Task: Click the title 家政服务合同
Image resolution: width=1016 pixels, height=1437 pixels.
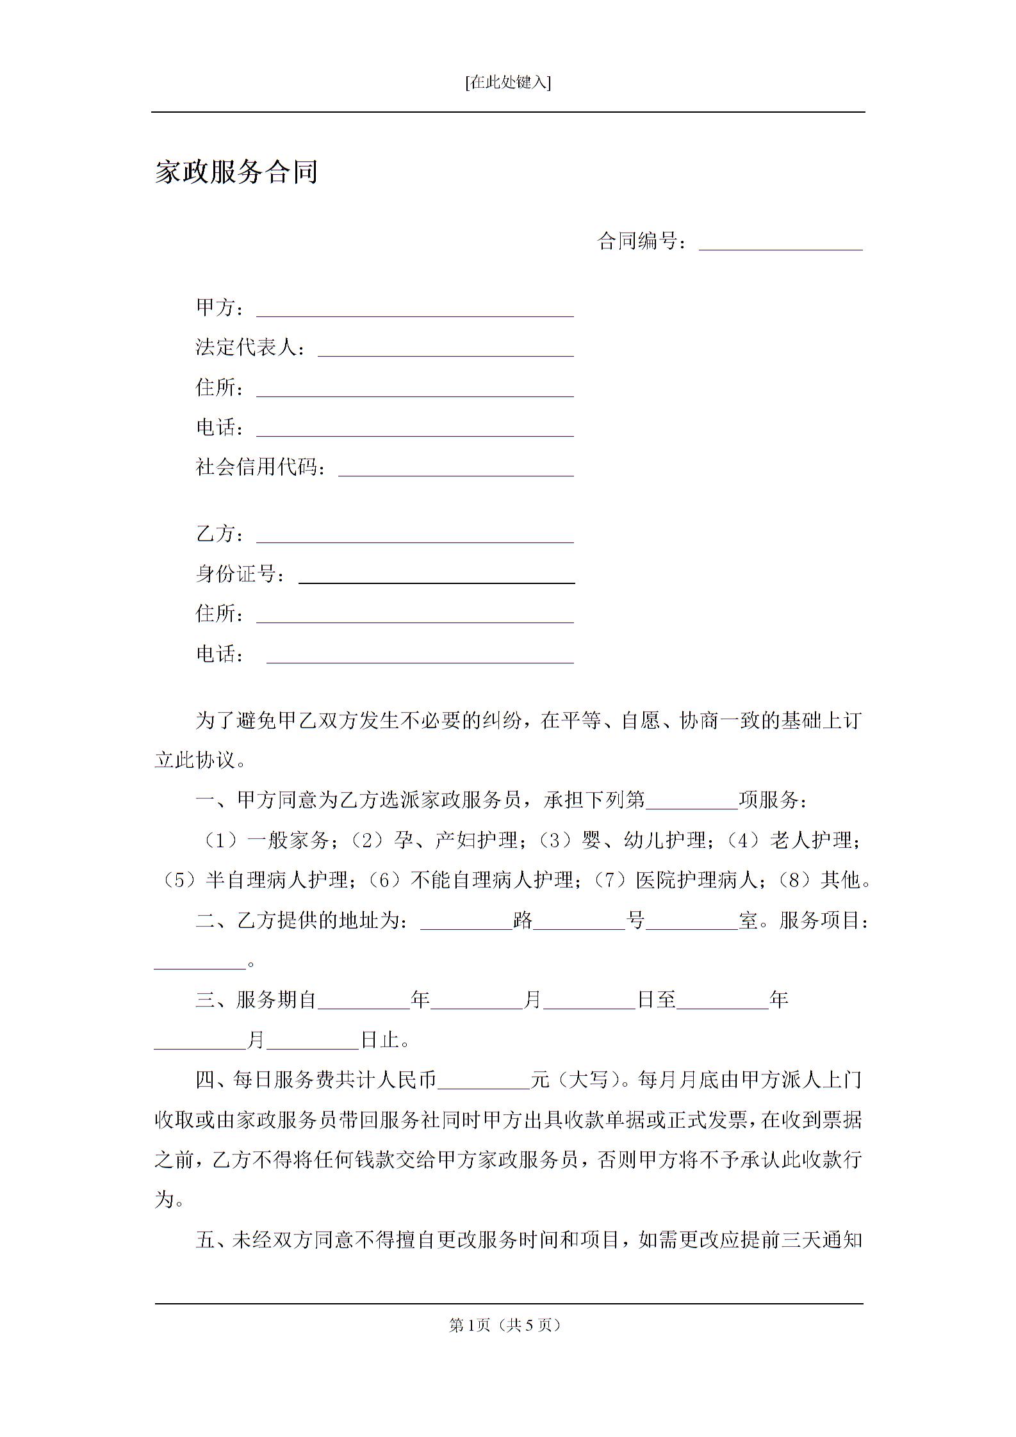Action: pos(236,172)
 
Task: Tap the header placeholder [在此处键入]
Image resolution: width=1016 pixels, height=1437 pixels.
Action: pos(508,83)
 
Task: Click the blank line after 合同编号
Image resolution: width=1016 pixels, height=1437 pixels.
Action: pos(780,243)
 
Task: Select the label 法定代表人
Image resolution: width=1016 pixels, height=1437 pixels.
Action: pos(247,348)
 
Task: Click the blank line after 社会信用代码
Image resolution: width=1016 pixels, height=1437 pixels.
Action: pos(455,469)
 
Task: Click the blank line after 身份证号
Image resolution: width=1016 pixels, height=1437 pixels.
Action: pos(436,576)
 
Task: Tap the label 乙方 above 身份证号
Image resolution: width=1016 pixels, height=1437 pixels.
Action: pos(217,534)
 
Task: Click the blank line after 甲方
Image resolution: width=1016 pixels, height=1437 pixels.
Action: pos(414,310)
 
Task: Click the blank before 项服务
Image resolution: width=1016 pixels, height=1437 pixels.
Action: pos(692,802)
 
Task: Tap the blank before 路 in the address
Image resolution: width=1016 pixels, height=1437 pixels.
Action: pos(466,923)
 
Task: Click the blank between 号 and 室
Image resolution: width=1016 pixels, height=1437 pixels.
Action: pos(692,923)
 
